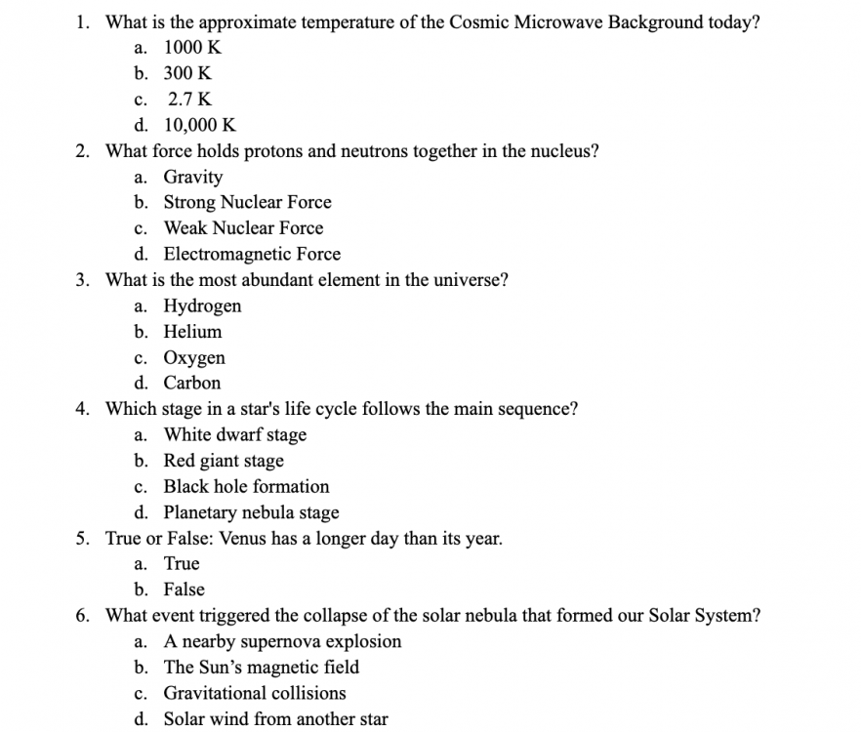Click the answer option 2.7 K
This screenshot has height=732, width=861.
(189, 100)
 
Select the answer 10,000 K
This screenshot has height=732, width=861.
(199, 125)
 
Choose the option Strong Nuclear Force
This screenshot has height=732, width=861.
(247, 203)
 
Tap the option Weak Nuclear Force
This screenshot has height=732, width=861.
(243, 228)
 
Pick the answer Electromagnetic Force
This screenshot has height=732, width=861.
(252, 255)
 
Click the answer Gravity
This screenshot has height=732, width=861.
(192, 177)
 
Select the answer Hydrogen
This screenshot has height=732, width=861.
(202, 306)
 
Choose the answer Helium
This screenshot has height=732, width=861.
(192, 332)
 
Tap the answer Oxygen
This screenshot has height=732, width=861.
(194, 358)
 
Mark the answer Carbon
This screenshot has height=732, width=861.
(192, 384)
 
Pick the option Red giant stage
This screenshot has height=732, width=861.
(224, 461)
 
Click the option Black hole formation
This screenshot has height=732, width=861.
(246, 486)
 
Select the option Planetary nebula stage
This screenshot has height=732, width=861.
(251, 512)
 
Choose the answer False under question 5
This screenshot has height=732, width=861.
(184, 590)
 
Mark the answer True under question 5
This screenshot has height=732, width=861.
(182, 564)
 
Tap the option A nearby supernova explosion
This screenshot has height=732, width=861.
(282, 641)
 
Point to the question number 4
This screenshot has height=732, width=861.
(83, 409)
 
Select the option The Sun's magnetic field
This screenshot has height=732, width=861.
(261, 668)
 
